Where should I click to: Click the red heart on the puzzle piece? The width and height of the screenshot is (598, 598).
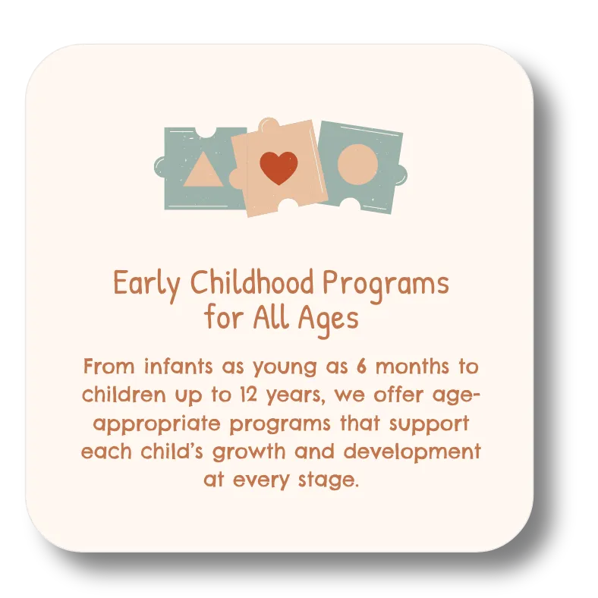click(279, 168)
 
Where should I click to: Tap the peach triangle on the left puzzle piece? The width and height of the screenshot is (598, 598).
click(203, 170)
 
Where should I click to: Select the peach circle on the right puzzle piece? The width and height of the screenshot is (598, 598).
click(357, 165)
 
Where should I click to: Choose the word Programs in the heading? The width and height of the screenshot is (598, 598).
click(386, 285)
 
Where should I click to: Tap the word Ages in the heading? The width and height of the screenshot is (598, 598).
click(329, 319)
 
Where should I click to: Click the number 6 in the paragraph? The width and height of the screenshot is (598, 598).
click(361, 366)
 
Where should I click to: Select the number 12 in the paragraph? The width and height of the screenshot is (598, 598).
click(249, 395)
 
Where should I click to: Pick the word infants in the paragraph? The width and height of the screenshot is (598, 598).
click(178, 366)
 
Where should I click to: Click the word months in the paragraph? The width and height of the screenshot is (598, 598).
click(412, 367)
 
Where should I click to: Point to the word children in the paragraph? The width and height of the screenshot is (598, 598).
click(124, 395)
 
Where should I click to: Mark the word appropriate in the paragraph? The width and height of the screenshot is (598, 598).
click(157, 423)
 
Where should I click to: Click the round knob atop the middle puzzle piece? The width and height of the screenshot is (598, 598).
click(268, 124)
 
